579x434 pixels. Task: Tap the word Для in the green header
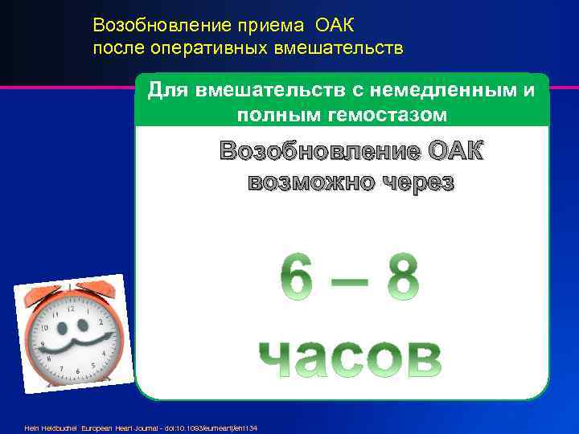tap(168, 90)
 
